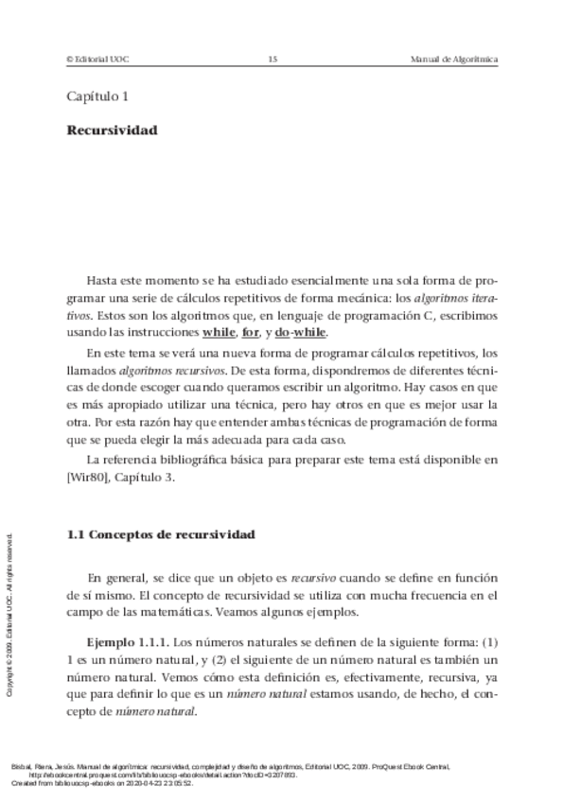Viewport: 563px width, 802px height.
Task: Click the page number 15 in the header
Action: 273,60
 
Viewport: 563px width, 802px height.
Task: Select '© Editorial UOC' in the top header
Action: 97,60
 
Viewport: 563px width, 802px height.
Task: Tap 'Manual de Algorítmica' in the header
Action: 454,60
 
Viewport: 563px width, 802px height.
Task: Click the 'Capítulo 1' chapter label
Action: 97,96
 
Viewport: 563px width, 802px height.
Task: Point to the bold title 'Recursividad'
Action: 112,131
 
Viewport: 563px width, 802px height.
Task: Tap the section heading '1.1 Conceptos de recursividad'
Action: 161,535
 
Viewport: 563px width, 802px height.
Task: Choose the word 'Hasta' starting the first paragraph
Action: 102,282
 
